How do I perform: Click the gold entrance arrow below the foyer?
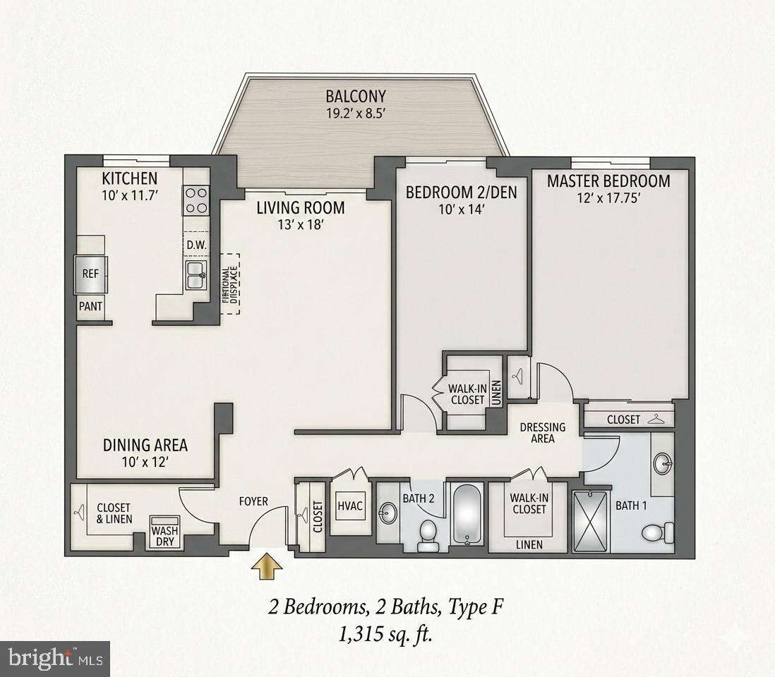[x=266, y=566]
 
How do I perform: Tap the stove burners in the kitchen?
[x=196, y=200]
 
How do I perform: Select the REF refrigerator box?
[x=90, y=274]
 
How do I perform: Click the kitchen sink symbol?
[x=196, y=275]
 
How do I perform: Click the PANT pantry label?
[x=90, y=307]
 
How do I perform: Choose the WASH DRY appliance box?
[x=164, y=536]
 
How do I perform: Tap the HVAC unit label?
[x=349, y=505]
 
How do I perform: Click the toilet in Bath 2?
[x=428, y=534]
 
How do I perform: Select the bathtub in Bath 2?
[x=467, y=515]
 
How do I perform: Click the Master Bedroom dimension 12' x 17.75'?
[x=608, y=199]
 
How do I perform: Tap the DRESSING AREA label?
[x=542, y=432]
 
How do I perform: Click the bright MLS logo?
[x=54, y=659]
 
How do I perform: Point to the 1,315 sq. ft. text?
[x=385, y=635]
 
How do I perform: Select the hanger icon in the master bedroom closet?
[x=658, y=418]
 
